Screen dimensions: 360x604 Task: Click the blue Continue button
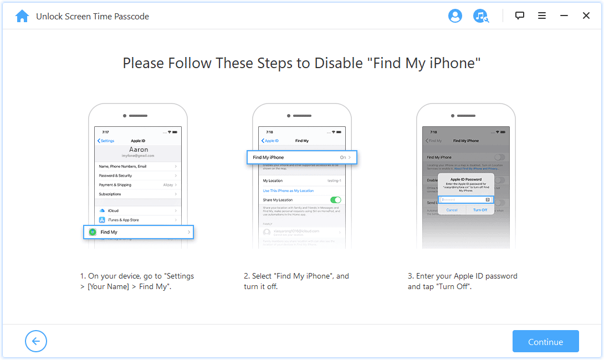point(545,342)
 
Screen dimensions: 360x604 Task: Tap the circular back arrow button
point(36,341)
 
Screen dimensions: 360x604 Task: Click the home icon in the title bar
point(22,16)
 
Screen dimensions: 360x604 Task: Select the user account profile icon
point(455,16)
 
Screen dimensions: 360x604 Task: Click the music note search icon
point(480,16)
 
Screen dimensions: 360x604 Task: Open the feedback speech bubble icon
point(519,16)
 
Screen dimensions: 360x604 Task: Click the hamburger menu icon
point(542,16)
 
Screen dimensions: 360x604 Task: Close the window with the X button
point(586,16)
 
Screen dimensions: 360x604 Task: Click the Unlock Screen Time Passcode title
point(93,17)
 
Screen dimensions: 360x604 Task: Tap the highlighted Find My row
point(139,232)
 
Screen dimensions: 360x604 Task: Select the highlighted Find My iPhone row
point(302,157)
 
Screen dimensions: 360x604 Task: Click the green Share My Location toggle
point(335,200)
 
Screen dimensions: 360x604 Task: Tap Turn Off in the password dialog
point(480,210)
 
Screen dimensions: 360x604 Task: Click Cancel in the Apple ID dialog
point(452,210)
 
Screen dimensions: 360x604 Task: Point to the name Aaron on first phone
point(138,150)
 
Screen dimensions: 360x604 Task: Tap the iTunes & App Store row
point(138,220)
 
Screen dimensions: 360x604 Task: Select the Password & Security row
point(138,176)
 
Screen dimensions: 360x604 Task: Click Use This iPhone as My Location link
point(288,191)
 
